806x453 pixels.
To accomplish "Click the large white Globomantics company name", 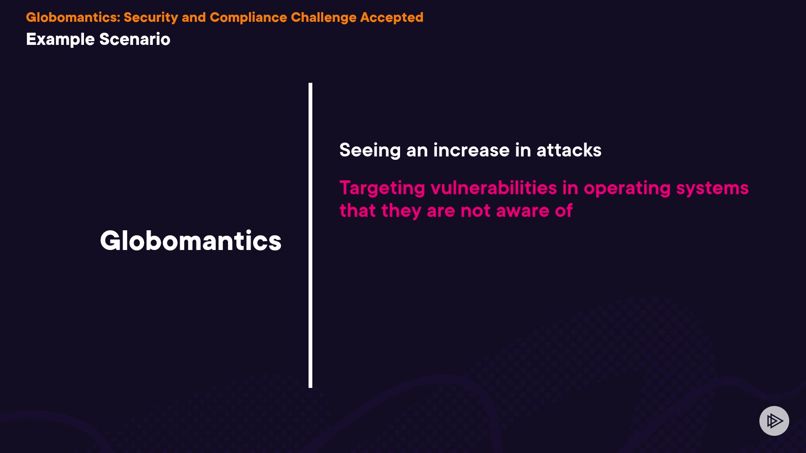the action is (191, 241).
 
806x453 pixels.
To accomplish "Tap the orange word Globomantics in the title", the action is (73, 17).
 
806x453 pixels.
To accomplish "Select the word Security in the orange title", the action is (151, 18).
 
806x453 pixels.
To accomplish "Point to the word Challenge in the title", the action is (324, 18).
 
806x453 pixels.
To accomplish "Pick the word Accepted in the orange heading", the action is (392, 18).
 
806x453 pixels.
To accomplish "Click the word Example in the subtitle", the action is (60, 39).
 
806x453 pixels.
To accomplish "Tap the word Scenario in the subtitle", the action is (135, 39).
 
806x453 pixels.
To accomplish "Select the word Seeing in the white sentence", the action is (370, 150).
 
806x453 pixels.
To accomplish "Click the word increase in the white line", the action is (471, 150).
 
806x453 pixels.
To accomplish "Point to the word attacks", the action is (569, 150).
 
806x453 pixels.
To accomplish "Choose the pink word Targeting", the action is (382, 188).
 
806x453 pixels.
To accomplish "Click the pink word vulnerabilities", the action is (494, 187).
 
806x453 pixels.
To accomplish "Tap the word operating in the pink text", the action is (627, 188).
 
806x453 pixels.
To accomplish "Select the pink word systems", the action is (712, 188).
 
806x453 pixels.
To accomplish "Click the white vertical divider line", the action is (310, 235).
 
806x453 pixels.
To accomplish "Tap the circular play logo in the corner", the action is (774, 421).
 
